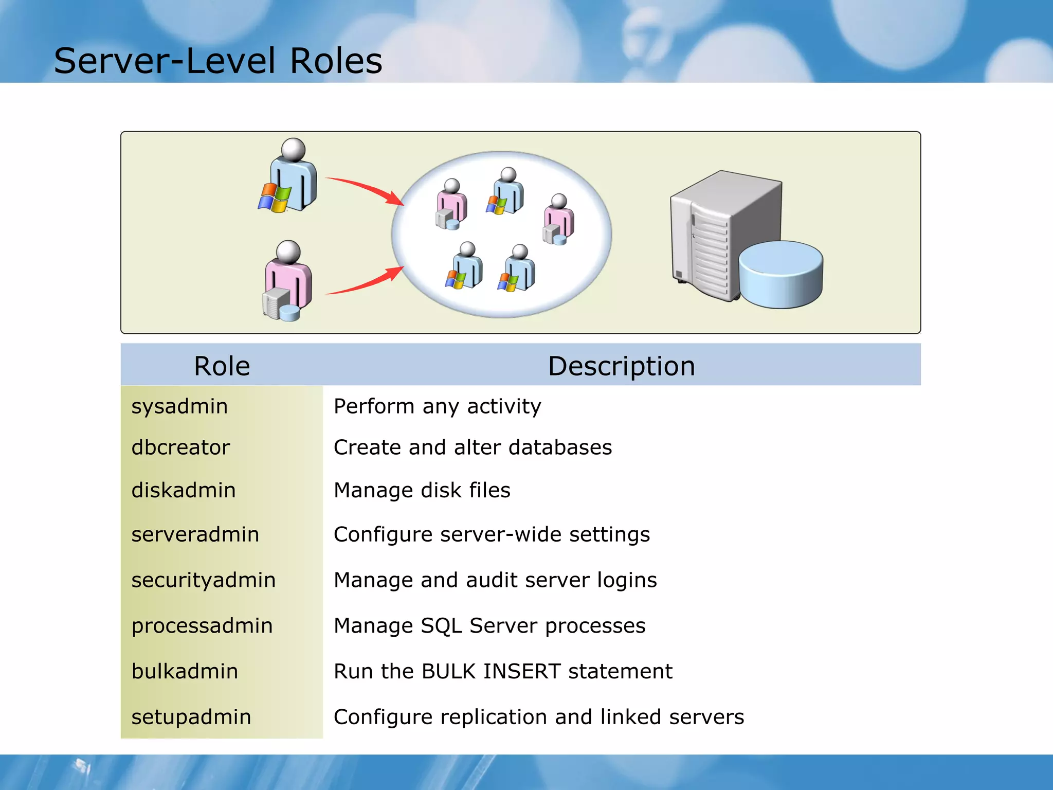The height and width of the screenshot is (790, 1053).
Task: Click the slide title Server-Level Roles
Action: [218, 61]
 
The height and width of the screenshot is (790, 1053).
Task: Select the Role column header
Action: [222, 366]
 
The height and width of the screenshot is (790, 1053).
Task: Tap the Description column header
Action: [621, 366]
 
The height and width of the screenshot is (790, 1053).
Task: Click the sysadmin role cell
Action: [179, 406]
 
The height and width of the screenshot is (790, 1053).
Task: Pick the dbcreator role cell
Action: [180, 447]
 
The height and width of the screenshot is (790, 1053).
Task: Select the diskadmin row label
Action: [184, 490]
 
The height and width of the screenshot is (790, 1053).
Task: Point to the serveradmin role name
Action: [195, 534]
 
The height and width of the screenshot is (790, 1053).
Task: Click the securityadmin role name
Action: [204, 580]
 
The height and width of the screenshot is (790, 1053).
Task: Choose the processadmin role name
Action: [202, 626]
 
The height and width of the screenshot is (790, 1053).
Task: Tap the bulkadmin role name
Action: [185, 672]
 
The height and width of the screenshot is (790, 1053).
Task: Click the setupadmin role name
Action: [191, 717]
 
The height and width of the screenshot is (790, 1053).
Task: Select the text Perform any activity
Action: [437, 406]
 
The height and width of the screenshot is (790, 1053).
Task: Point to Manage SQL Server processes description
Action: [489, 626]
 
